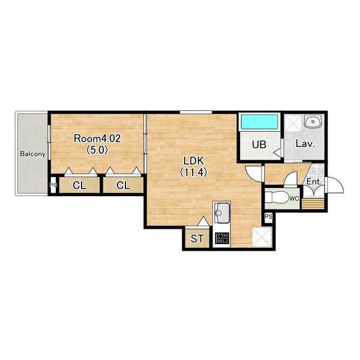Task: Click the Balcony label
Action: (x=32, y=154)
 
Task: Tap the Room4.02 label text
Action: (x=97, y=139)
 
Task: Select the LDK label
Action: (x=194, y=161)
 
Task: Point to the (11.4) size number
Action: (x=194, y=172)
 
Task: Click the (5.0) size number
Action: (x=97, y=150)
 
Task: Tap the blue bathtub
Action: (x=260, y=122)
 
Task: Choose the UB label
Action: (x=259, y=145)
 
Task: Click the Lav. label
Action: (x=305, y=144)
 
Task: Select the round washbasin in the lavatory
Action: (x=312, y=121)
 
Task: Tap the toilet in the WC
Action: (x=277, y=197)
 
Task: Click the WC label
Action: (x=294, y=199)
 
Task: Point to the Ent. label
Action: (x=314, y=182)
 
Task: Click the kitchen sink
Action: (x=221, y=213)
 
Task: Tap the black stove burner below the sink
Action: (x=221, y=238)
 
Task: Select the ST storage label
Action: (x=197, y=239)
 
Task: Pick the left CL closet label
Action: (x=79, y=185)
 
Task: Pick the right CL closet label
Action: (x=123, y=185)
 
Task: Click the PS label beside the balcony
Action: (x=53, y=185)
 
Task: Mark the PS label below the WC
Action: (x=268, y=217)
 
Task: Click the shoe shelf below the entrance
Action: (x=313, y=203)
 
